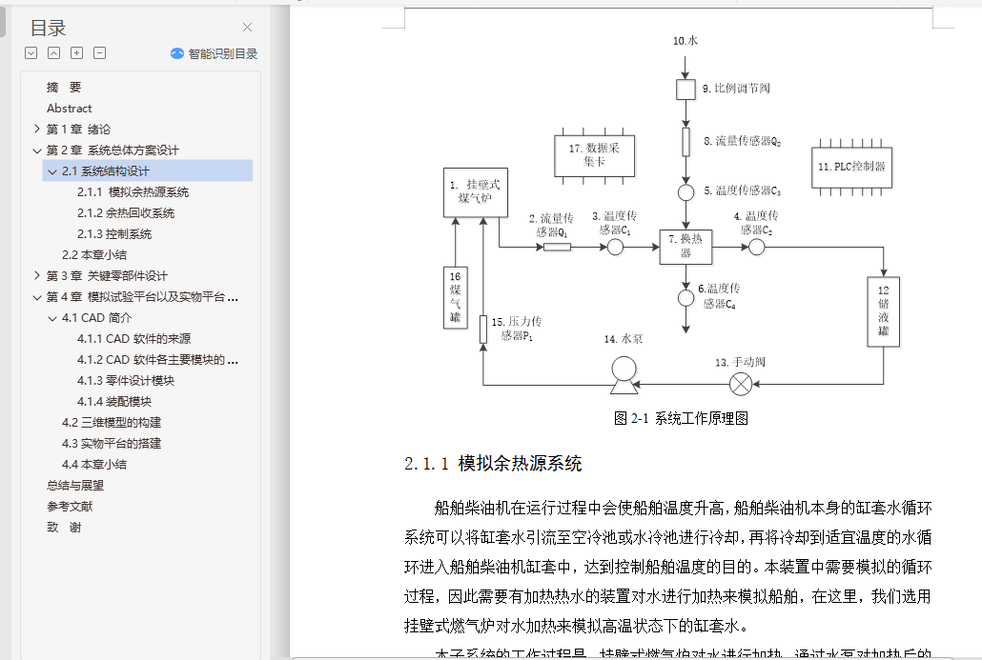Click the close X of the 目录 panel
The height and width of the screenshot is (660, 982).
[x=248, y=28]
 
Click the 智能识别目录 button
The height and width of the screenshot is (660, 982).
[x=215, y=53]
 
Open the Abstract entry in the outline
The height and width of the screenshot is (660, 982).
[x=70, y=109]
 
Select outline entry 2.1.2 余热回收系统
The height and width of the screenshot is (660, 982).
[x=126, y=213]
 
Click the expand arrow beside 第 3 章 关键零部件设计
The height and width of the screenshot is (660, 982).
[x=36, y=276]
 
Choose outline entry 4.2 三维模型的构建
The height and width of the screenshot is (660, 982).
[x=112, y=423]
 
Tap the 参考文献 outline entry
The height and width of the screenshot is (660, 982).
[x=70, y=507]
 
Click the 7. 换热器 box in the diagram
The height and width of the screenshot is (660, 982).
[x=685, y=247]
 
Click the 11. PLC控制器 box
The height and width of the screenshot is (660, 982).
[x=851, y=167]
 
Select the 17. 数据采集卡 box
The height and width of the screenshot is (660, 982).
[x=593, y=155]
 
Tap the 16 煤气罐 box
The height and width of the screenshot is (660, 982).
[x=456, y=295]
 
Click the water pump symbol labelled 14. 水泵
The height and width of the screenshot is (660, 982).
[x=624, y=373]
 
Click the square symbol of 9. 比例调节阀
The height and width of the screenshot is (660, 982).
[x=685, y=89]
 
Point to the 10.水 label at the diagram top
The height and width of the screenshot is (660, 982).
[x=685, y=41]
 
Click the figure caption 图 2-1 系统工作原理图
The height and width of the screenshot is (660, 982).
[x=681, y=418]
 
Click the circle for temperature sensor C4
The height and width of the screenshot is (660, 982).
[x=685, y=298]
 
